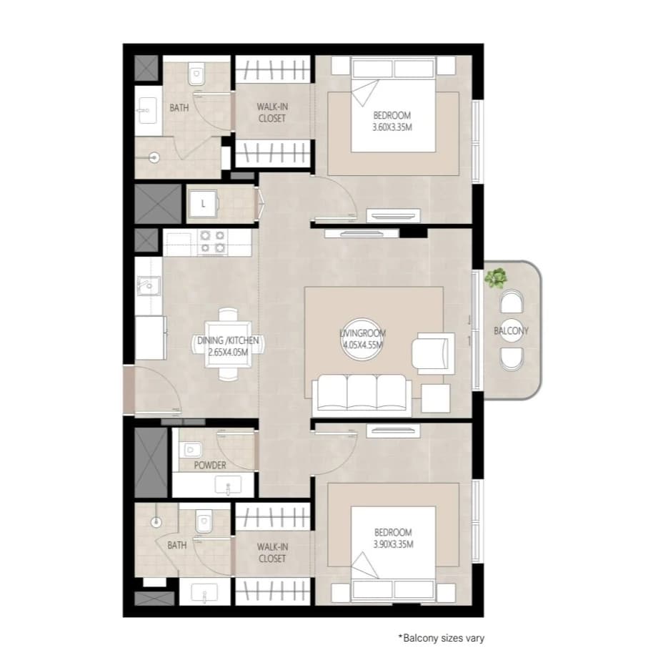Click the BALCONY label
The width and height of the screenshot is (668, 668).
point(511,330)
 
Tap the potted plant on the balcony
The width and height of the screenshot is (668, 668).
point(495,277)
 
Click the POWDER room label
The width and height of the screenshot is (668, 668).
point(209,465)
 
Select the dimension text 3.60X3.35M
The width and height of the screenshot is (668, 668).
point(392,127)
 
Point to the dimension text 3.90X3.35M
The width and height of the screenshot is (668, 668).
point(393,544)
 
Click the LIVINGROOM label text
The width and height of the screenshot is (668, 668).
point(362,333)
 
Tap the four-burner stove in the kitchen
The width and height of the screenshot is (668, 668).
point(212,242)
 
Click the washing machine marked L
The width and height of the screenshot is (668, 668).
point(203,204)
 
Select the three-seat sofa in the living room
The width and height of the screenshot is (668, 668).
point(362,395)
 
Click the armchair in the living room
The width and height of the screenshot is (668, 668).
point(433,353)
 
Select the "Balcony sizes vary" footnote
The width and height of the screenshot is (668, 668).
point(441,638)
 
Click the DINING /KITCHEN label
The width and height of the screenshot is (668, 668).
point(228,340)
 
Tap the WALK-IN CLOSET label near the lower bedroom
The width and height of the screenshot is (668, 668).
point(272,552)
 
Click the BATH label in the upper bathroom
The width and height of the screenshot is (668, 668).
point(179,107)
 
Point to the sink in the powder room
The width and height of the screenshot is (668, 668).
point(228,486)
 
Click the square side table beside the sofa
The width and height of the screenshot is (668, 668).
point(435,398)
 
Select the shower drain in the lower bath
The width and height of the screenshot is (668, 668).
point(156,521)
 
